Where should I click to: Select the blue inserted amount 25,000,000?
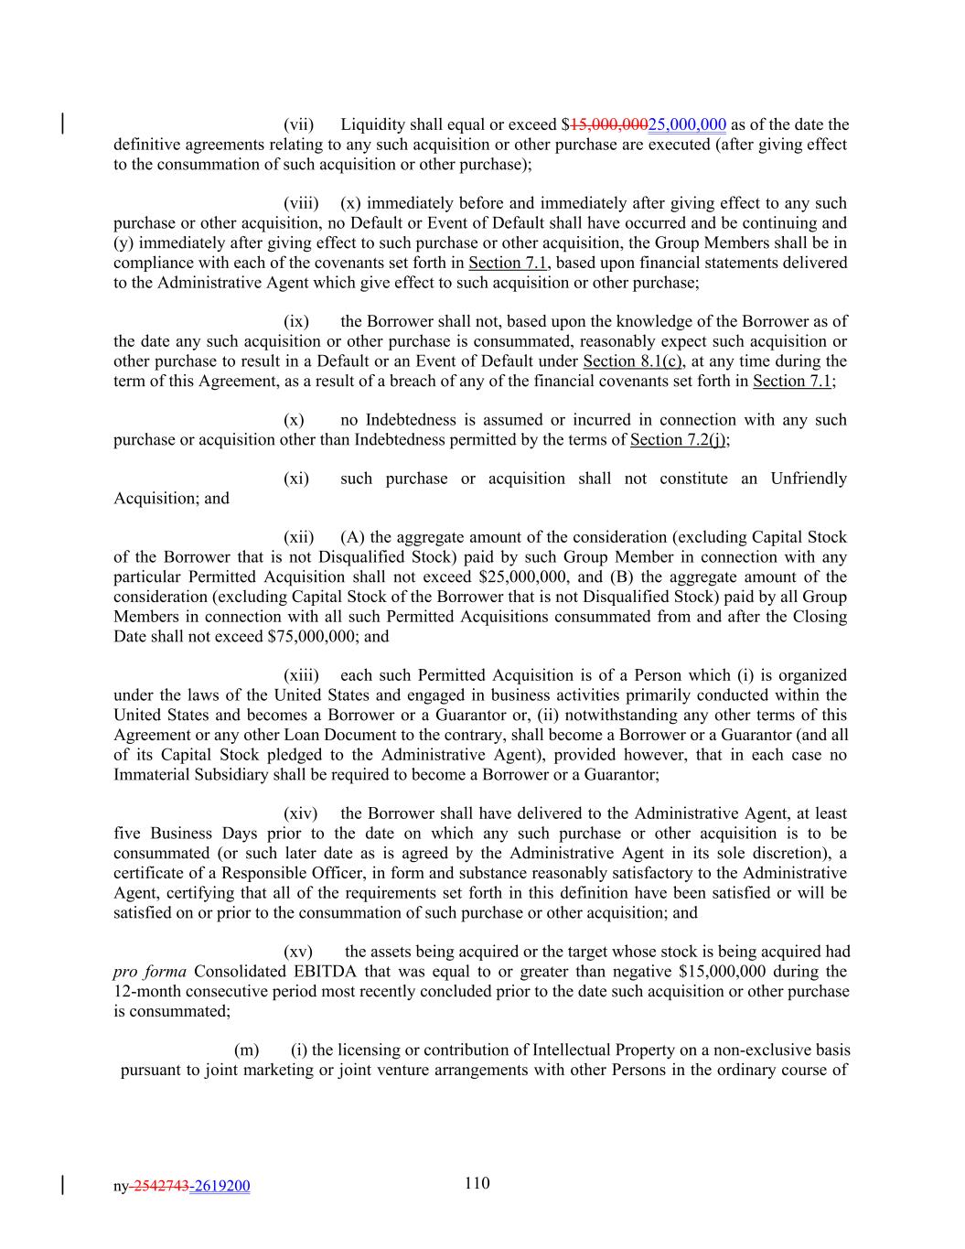click(687, 124)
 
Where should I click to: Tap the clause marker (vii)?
click(299, 124)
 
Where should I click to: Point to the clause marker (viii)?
click(301, 203)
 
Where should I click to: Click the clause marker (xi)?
click(296, 479)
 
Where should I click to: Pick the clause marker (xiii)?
click(301, 675)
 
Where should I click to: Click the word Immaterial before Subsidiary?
click(152, 774)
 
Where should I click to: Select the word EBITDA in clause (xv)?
click(327, 971)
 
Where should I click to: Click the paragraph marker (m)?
click(247, 1050)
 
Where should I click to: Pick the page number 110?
click(477, 1183)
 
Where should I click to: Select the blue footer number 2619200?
click(221, 1187)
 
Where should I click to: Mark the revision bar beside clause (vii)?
click(62, 124)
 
